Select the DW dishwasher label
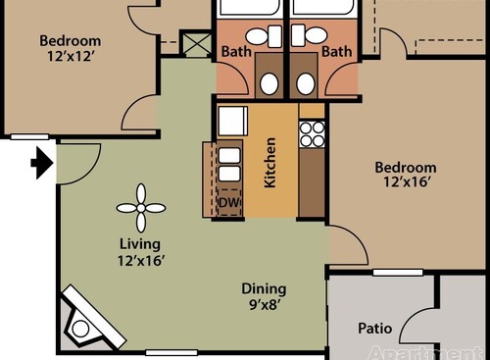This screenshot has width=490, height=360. (229, 203)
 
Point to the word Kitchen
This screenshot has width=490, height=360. (270, 162)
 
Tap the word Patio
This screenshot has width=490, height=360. (375, 328)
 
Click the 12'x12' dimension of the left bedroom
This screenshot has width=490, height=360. (70, 57)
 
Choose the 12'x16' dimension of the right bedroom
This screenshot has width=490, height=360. (405, 182)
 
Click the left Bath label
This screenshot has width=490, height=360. (236, 51)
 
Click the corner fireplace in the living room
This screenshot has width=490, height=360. (87, 319)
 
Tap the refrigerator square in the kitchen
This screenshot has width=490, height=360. (231, 121)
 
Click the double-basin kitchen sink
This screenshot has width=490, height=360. (229, 165)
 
